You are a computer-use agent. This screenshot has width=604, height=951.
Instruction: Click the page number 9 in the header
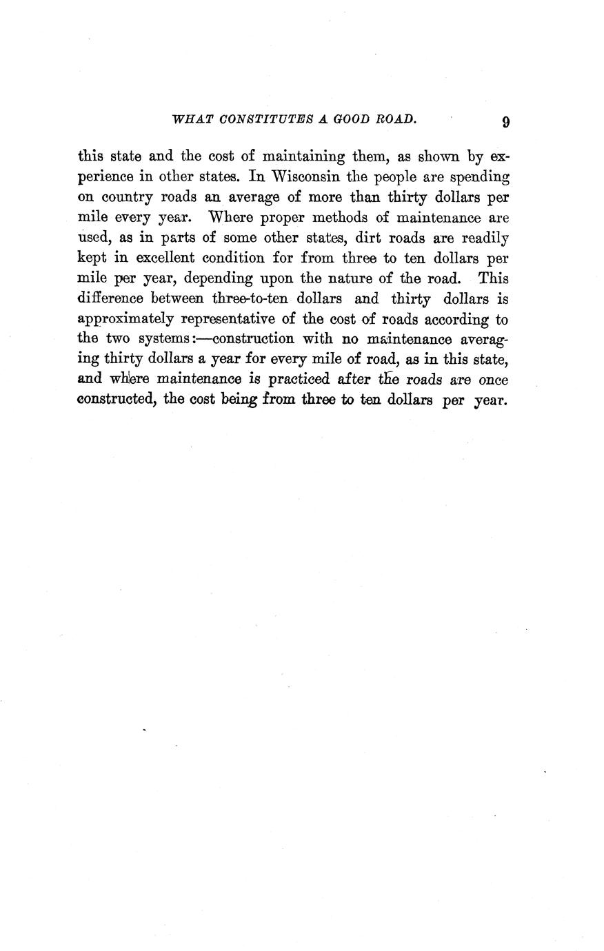point(506,123)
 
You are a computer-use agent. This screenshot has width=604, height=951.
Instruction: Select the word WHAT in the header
point(189,119)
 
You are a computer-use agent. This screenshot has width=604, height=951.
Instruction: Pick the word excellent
point(146,258)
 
